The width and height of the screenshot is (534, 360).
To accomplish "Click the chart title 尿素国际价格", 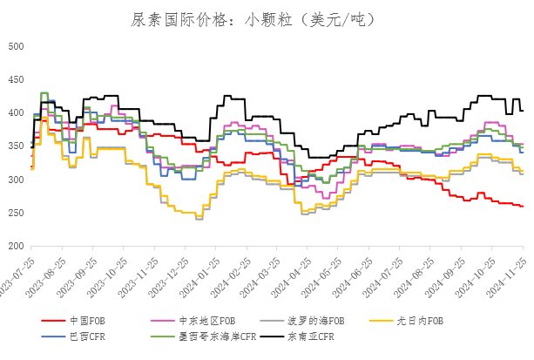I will (x=266, y=19).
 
